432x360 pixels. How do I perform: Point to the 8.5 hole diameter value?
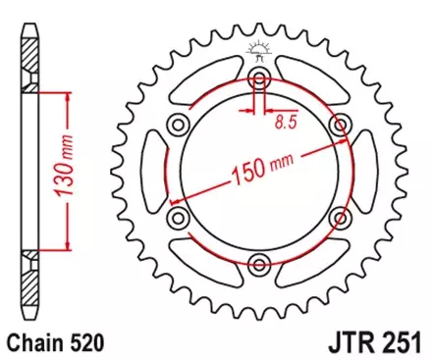pos(285,125)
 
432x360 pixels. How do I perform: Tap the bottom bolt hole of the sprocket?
pos(259,262)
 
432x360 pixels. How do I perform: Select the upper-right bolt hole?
pos(340,124)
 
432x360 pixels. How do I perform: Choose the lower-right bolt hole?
pos(340,216)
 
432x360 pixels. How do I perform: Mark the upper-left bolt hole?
pos(179,124)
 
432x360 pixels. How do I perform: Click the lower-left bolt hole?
pos(179,216)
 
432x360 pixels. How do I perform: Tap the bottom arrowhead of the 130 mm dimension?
pos(67,245)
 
